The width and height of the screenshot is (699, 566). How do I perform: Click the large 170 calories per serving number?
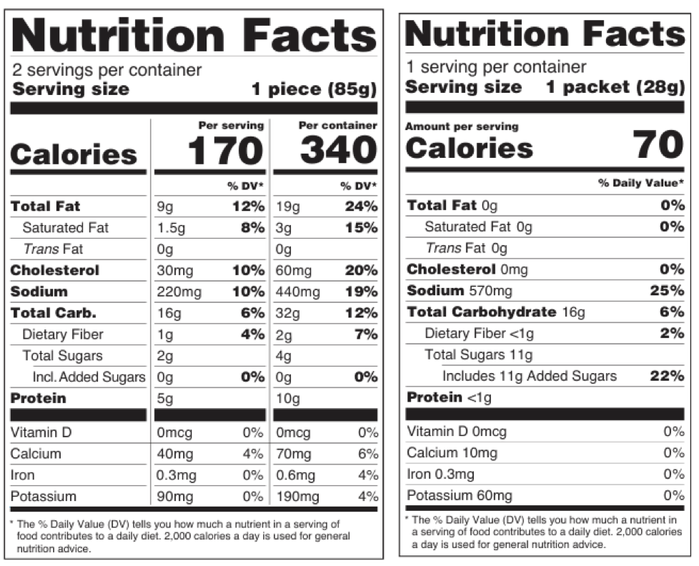tap(225, 150)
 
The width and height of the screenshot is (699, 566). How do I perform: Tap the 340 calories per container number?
tap(337, 150)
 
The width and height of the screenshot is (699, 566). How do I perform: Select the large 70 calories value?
tap(659, 146)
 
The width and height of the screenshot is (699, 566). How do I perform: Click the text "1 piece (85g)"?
tap(314, 90)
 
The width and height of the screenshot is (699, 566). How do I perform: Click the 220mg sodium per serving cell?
tap(179, 292)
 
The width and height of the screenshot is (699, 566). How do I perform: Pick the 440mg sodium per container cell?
tap(298, 292)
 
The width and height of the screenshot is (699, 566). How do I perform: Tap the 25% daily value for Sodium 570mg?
tap(668, 291)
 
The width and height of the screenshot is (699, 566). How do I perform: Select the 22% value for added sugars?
tap(668, 376)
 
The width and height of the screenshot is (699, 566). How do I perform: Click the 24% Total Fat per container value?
tap(361, 207)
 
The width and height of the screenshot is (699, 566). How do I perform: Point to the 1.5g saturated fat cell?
tap(168, 228)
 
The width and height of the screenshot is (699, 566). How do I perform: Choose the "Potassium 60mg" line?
tap(459, 495)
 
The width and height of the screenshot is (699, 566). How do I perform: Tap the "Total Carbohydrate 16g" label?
tap(495, 312)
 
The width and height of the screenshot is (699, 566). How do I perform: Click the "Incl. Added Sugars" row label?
tap(89, 377)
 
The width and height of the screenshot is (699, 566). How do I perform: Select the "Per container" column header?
tap(337, 126)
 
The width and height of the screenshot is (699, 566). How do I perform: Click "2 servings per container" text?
tap(107, 70)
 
